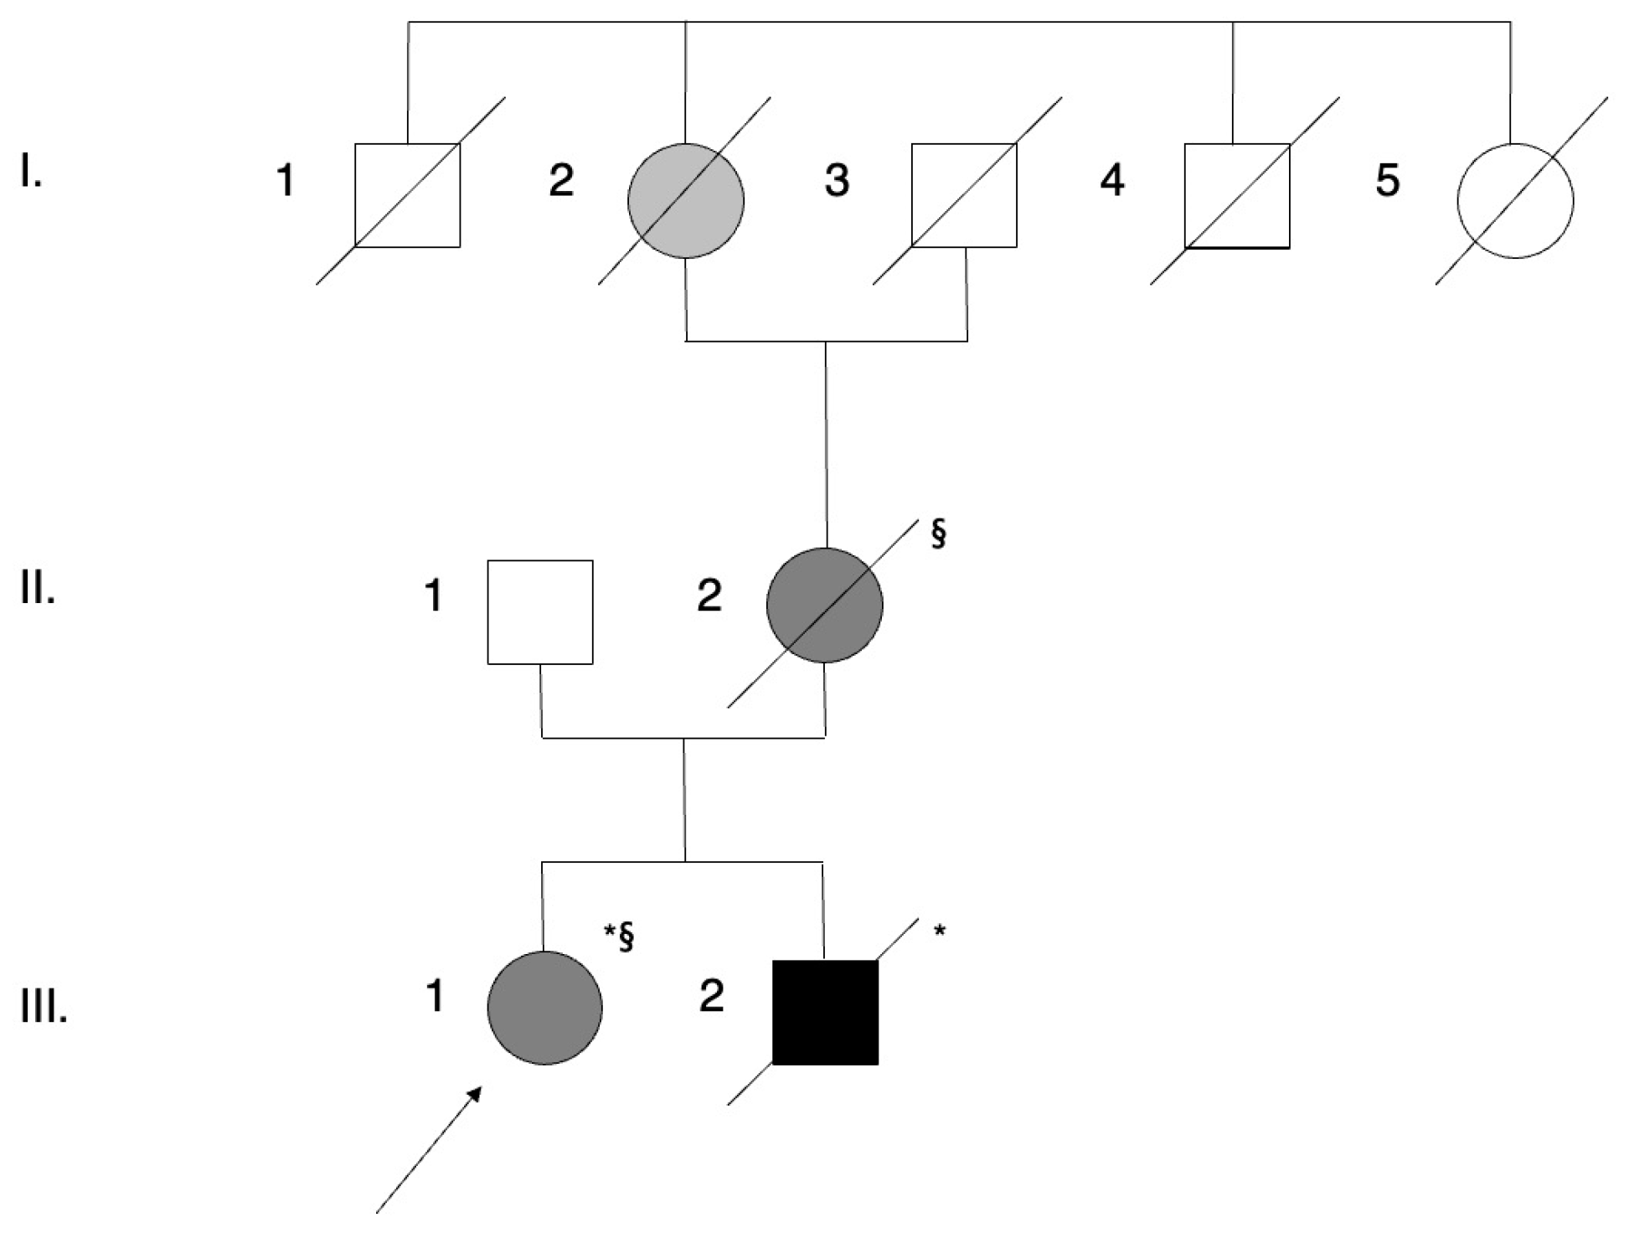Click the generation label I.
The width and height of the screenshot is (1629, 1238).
pos(31,175)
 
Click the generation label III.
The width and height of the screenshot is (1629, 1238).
pos(44,1009)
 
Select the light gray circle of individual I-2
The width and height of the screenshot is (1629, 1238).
pos(686,201)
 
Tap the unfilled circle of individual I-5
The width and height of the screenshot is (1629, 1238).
pos(1515,201)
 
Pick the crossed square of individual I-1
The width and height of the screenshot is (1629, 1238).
pos(407,195)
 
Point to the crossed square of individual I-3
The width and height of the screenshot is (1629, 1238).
pos(964,195)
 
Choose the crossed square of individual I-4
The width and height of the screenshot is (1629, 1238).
pos(1237,195)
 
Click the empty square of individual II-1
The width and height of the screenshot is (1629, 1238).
pos(540,612)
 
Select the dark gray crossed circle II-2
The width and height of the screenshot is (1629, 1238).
pos(825,606)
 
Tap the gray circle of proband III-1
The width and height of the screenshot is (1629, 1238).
pos(544,1008)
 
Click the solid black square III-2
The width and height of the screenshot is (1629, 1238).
pos(825,1012)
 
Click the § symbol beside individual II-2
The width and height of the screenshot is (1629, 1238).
pos(938,534)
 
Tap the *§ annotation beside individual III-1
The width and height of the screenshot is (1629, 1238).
pos(619,936)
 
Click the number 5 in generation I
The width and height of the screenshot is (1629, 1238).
pos(1388,180)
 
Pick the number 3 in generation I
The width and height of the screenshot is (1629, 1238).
pos(837,180)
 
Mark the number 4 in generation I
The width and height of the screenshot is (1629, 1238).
pos(1112,180)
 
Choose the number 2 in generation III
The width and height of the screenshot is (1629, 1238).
pos(711,997)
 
